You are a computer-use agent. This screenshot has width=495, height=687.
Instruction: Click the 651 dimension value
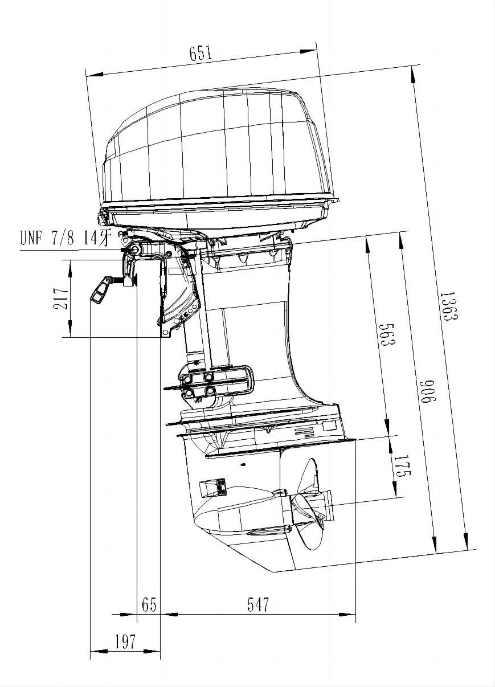pyautogui.click(x=201, y=54)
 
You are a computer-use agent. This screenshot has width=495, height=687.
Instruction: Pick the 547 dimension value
pyautogui.click(x=258, y=604)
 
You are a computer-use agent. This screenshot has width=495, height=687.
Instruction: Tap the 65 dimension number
pyautogui.click(x=149, y=604)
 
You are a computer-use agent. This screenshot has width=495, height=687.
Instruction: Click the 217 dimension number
pyautogui.click(x=61, y=298)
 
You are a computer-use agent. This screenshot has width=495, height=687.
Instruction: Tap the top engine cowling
pyautogui.click(x=216, y=148)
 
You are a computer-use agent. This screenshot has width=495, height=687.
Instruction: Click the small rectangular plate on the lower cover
pyautogui.click(x=330, y=426)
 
